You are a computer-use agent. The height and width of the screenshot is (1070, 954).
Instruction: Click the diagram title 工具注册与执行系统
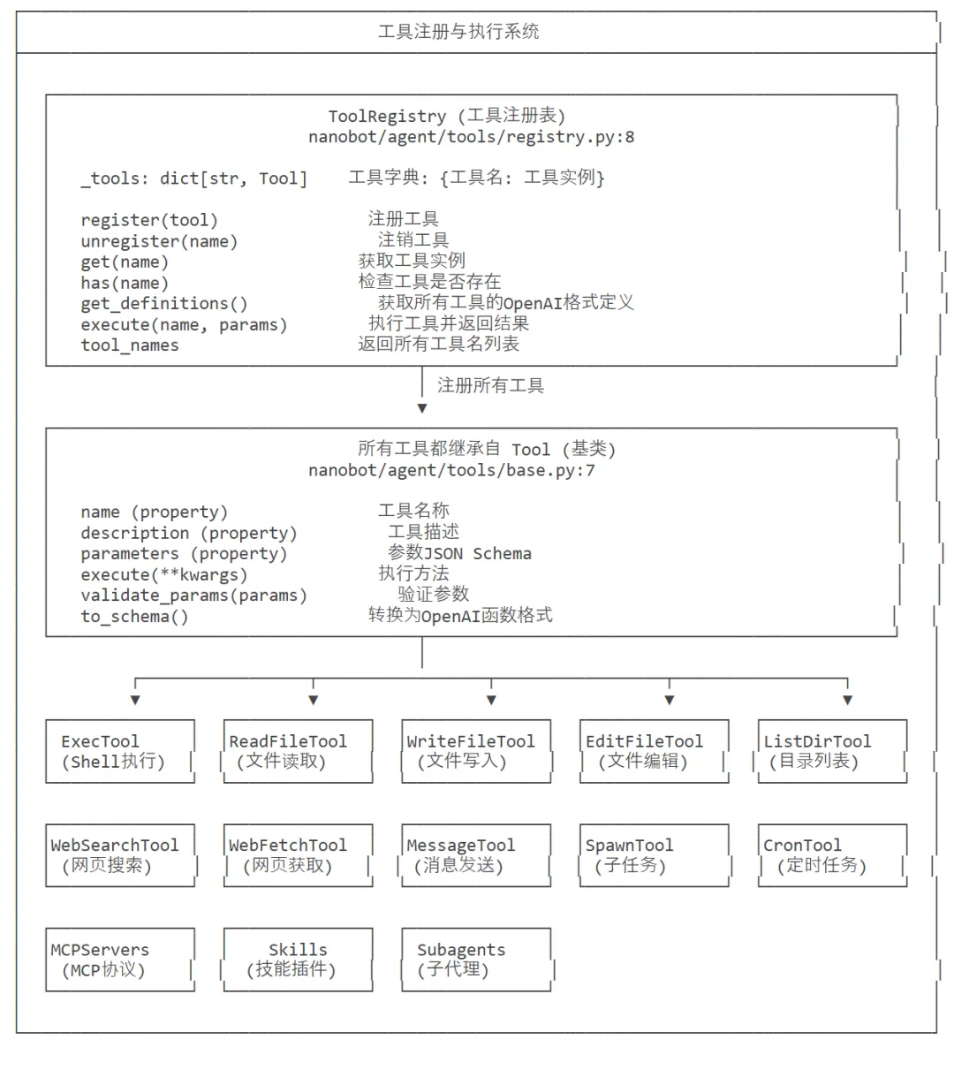[458, 32]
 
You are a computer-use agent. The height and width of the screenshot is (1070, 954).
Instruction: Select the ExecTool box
[120, 751]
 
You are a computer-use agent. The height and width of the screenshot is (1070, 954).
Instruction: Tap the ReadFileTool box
[298, 751]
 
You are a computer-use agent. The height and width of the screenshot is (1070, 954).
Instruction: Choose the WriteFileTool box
[476, 751]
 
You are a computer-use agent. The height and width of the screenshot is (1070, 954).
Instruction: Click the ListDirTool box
[832, 751]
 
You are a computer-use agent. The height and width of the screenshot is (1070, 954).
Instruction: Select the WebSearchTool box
[120, 855]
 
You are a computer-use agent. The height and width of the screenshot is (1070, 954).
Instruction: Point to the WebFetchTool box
[298, 855]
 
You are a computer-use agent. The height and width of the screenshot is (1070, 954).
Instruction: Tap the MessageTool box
[476, 855]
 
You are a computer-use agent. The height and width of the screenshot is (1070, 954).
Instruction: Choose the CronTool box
[832, 855]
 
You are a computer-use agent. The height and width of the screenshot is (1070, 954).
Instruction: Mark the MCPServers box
[120, 960]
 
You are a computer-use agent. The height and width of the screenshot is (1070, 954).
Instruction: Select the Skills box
[298, 960]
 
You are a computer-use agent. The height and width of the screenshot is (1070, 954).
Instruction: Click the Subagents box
[476, 960]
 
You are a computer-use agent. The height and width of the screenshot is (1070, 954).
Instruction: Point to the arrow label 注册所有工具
[490, 385]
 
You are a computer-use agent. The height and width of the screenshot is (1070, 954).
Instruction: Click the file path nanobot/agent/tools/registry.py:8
[471, 137]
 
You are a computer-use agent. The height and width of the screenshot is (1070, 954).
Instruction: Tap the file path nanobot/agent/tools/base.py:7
[451, 470]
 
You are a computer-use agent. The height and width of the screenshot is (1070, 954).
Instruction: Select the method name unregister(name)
[159, 241]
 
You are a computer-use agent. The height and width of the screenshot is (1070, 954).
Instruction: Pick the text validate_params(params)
[193, 596]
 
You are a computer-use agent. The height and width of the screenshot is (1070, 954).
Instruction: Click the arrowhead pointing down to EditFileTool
[670, 700]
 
